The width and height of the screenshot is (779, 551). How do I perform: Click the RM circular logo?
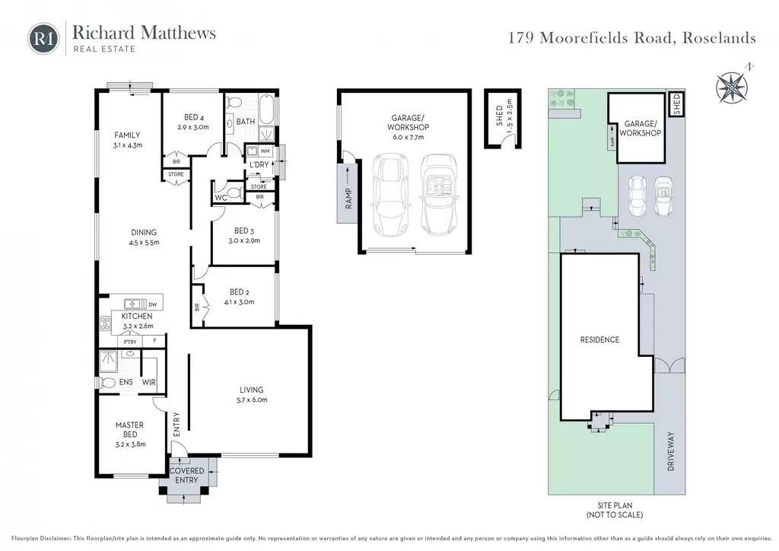pos(43,38)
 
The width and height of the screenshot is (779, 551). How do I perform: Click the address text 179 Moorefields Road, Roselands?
pos(632,38)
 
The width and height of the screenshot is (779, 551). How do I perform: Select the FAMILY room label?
pos(127,135)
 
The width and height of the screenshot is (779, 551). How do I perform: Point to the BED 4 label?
pos(194,117)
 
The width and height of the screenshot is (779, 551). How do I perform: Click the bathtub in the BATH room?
pos(266,110)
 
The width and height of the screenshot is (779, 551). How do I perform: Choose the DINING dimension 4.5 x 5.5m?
pos(144,243)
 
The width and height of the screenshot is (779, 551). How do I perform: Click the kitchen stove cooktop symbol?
pos(105,323)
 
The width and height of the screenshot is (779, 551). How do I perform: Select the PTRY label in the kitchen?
pos(130,342)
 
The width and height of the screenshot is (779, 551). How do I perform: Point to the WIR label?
pos(148,382)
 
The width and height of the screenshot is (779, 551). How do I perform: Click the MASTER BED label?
pos(129,430)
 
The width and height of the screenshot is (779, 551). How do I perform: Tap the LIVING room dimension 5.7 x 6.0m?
pos(252,400)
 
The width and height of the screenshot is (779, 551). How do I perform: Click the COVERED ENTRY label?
pos(187,476)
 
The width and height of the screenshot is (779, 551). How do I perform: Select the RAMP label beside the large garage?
pos(348,198)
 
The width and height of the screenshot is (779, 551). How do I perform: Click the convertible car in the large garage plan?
pos(439,194)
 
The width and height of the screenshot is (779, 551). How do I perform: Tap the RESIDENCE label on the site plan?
pos(599,340)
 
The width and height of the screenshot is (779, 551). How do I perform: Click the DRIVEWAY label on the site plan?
pos(671,451)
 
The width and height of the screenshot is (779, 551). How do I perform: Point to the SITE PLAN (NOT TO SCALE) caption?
pos(615,510)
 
